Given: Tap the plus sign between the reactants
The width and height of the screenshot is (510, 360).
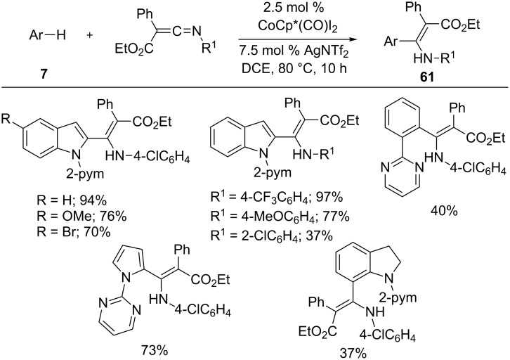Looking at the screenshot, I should (89, 34).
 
